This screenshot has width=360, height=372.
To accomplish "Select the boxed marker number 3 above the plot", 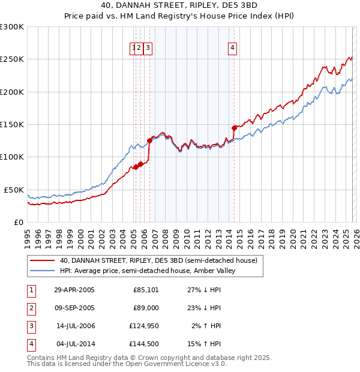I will [x=148, y=49].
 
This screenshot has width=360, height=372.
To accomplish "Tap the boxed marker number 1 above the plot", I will [x=133, y=49].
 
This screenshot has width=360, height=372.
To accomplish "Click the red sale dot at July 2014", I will [x=234, y=128].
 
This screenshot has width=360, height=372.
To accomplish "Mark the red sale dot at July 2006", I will [x=149, y=140].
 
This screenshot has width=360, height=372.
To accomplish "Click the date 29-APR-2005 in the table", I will [x=74, y=290].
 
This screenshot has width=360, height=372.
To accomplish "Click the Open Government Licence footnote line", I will [x=127, y=364].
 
